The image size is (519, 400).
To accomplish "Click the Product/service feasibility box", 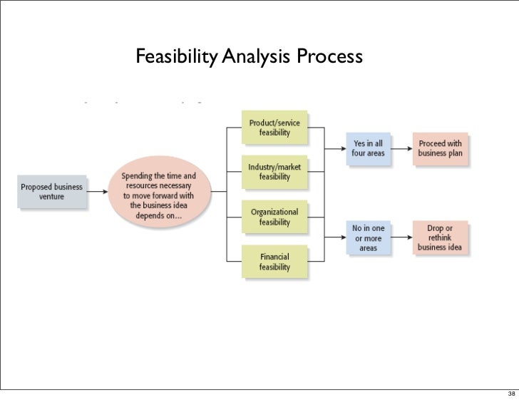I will point(274,128).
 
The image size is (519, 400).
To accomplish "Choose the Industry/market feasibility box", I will point(274,172).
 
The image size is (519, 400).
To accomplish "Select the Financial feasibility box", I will point(274,261).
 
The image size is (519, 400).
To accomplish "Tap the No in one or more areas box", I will point(369,238).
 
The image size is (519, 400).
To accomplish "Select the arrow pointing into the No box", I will point(335,238).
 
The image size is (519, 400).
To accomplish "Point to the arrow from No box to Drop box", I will point(404,238).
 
